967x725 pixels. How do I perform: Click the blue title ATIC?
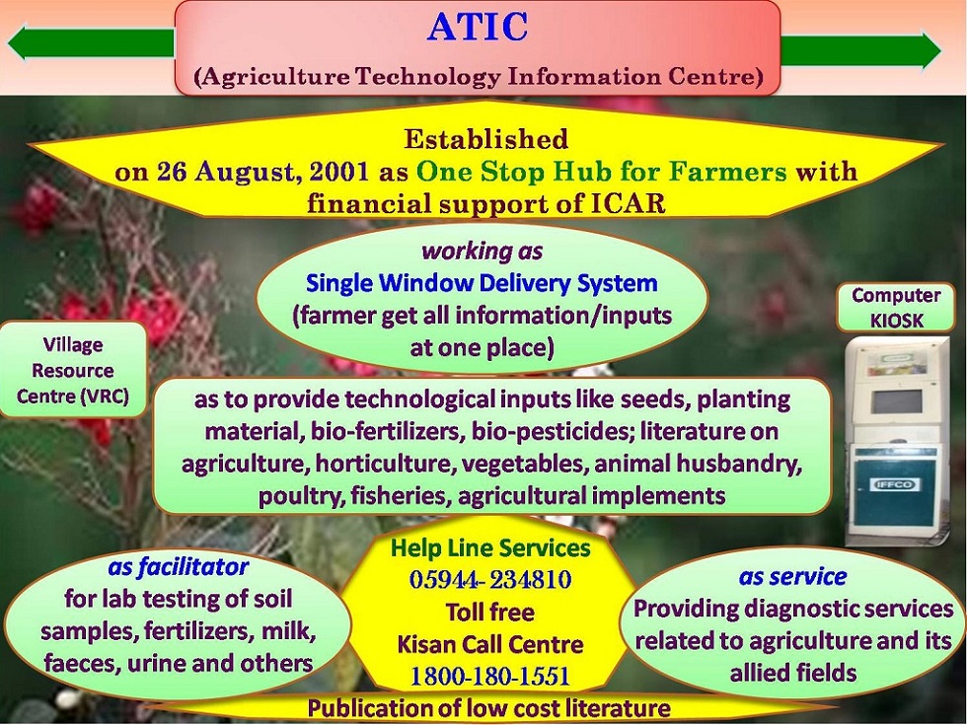point(478,28)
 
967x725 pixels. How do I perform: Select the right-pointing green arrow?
point(860,48)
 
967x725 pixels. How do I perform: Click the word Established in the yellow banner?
point(485,139)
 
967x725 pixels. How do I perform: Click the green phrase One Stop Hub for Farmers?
point(601,172)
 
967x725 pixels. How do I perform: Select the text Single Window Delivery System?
point(482,283)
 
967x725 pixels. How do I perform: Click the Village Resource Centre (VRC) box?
point(73,370)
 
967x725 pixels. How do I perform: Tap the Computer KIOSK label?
point(896,308)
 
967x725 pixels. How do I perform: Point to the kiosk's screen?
point(896,401)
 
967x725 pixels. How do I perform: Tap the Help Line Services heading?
point(491,548)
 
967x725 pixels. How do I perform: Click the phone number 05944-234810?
point(490,580)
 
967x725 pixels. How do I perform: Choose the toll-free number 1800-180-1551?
point(490,677)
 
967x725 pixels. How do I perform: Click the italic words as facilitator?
point(179,566)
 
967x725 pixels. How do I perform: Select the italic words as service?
point(792,576)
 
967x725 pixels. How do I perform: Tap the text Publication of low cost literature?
point(489,708)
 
